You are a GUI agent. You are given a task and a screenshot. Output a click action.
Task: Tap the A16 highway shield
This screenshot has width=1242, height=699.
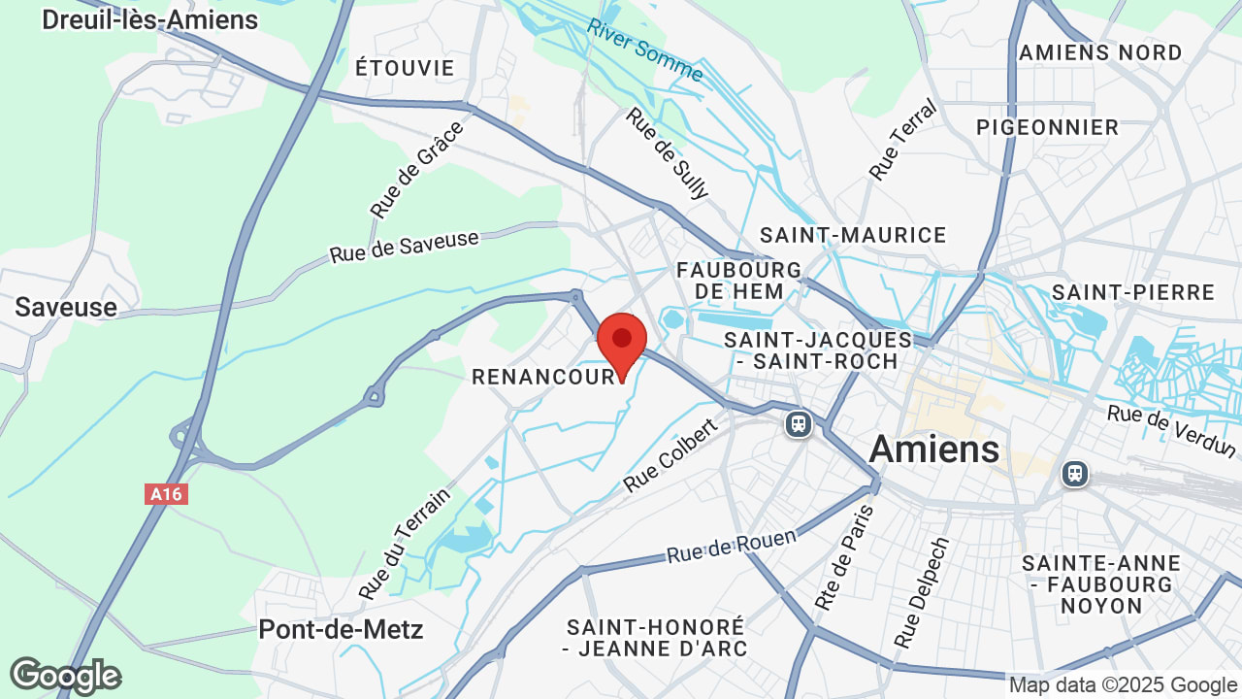click(x=166, y=494)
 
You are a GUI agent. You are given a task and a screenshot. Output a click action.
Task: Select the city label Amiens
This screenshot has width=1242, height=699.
click(x=933, y=449)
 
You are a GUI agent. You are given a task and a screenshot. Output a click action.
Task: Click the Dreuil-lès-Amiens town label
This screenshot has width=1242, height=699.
click(x=149, y=19)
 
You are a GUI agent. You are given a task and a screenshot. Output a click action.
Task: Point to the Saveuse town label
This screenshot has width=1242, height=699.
click(x=66, y=308)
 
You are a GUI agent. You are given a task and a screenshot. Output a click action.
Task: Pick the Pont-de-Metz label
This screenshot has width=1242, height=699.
click(x=341, y=629)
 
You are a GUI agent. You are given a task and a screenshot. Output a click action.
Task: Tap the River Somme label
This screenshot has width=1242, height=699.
click(x=644, y=50)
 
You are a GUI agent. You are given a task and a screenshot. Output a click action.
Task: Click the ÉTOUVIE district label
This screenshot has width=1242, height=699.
click(x=405, y=68)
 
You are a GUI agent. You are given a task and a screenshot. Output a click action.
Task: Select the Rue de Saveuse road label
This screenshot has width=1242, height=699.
click(x=405, y=247)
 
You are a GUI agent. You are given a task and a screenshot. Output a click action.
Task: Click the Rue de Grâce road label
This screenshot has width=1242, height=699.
click(x=416, y=169)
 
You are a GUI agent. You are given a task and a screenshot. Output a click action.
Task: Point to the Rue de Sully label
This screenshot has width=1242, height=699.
click(x=668, y=152)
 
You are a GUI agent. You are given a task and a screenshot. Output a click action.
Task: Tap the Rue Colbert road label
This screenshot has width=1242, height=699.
click(x=670, y=454)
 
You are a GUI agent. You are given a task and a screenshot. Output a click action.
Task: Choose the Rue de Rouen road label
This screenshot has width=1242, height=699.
click(x=731, y=547)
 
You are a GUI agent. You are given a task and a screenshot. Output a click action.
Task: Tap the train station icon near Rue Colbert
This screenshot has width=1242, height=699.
click(x=799, y=424)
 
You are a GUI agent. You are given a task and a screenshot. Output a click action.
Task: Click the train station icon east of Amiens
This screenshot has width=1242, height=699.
click(x=1074, y=474)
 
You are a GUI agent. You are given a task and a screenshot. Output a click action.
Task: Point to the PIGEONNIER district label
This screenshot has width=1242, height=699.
click(x=1047, y=127)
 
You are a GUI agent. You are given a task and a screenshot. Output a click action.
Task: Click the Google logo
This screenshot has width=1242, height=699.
click(x=65, y=677)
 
